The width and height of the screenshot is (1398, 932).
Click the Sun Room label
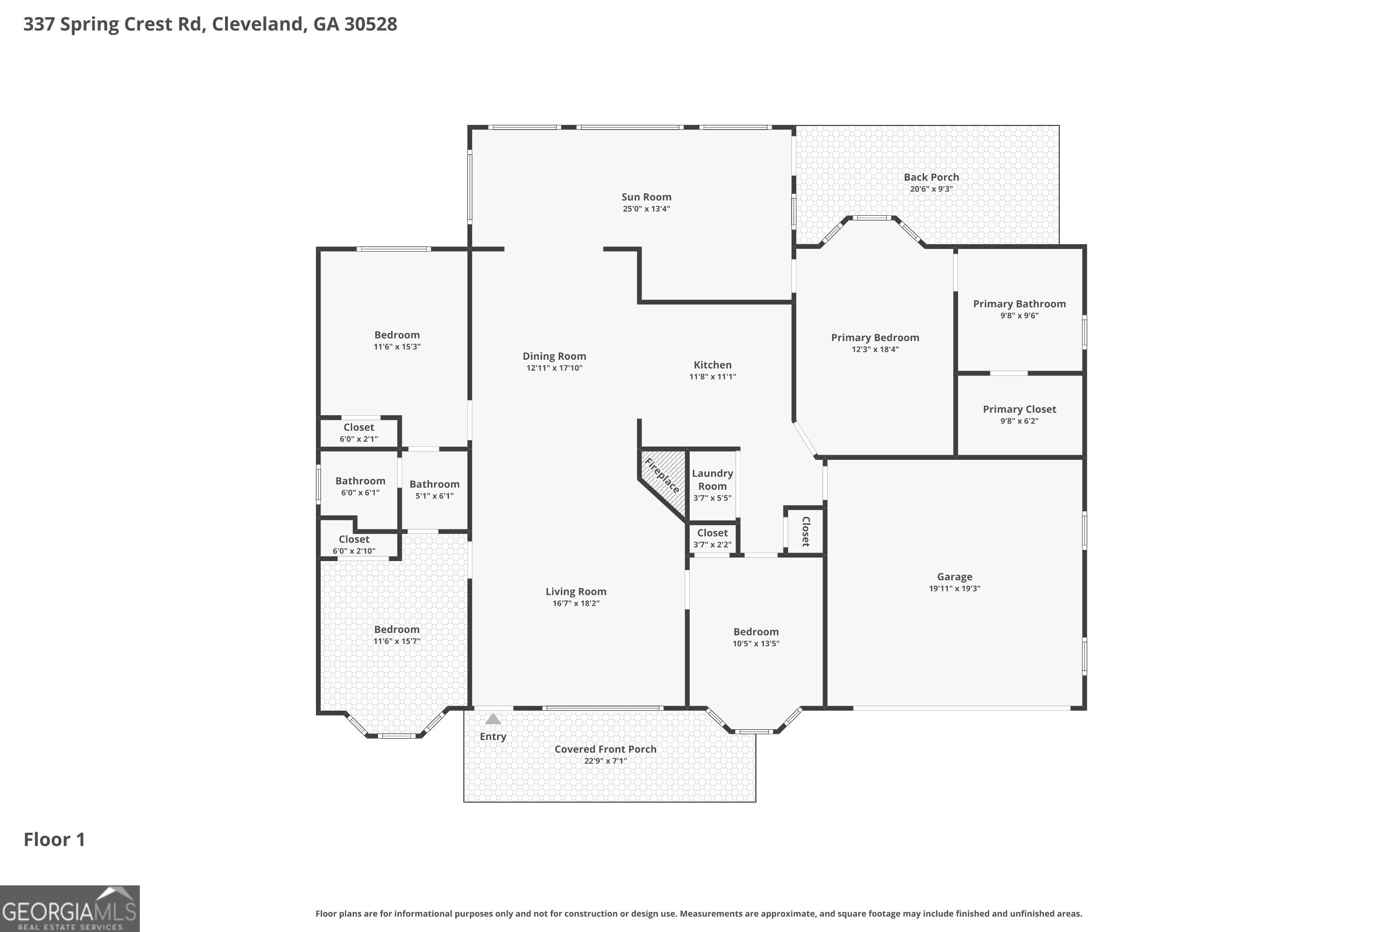point(646,197)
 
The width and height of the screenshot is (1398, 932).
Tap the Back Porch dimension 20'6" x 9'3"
point(931,189)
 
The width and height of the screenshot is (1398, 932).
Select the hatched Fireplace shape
point(663,481)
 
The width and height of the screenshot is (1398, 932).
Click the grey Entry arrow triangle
point(493,719)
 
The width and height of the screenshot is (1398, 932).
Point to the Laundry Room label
point(712,480)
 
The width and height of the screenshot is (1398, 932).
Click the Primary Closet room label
point(1019,409)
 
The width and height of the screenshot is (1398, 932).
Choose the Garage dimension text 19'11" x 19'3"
point(954,589)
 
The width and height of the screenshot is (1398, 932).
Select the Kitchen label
point(712,365)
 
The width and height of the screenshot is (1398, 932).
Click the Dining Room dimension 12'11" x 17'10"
point(554,368)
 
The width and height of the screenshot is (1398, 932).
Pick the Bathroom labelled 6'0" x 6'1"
point(360,481)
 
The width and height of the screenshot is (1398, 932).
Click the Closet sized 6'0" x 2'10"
point(354,539)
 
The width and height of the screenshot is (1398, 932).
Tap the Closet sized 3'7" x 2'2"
point(712,533)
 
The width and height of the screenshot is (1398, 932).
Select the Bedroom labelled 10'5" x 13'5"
point(755,632)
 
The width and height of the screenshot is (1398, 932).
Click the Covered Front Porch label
point(605,749)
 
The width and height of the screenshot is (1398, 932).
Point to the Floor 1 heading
point(54,839)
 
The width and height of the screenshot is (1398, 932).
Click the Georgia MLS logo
point(69,908)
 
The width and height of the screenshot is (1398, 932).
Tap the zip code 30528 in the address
point(370,24)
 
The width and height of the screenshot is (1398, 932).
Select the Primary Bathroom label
point(1019,304)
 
